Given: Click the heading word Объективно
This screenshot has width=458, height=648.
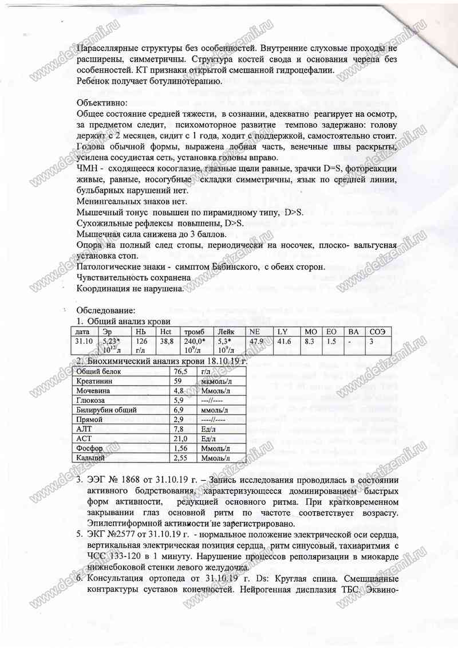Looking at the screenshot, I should [100, 103].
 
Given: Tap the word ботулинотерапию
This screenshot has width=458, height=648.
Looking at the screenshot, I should [183, 81].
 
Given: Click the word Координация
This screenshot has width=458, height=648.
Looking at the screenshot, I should [101, 289].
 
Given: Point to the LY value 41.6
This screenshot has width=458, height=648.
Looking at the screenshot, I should [284, 341].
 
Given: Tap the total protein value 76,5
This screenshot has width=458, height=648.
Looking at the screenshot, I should [181, 371].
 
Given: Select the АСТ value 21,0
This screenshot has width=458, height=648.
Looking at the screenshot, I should [180, 438].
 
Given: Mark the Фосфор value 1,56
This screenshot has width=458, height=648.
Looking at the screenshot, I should [181, 448].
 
